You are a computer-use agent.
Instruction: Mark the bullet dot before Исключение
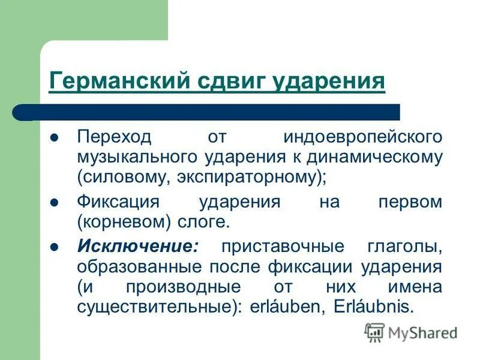[x=54, y=247]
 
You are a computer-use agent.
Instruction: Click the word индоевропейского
[x=362, y=136]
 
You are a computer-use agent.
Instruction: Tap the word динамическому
[x=375, y=157]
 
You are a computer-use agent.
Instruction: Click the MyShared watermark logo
[x=411, y=332]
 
